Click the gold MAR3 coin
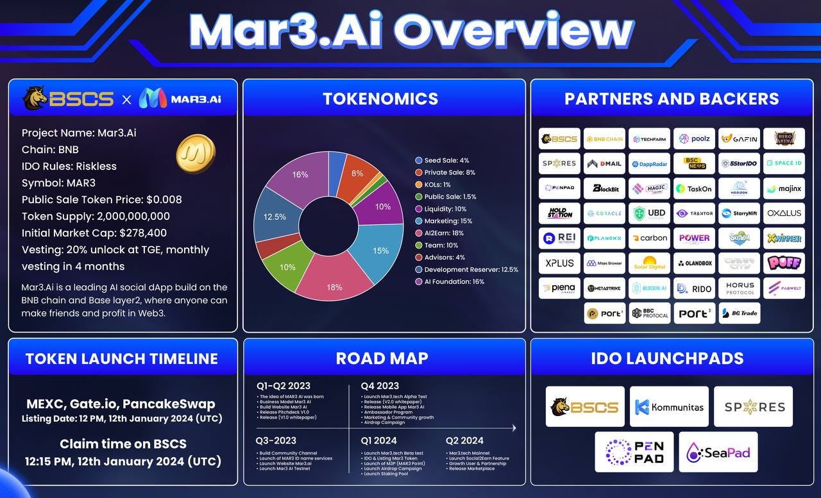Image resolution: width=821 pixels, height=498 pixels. tap(196, 153)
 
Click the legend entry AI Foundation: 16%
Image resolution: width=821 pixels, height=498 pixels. tap(453, 281)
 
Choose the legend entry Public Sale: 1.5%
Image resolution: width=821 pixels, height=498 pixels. tap(450, 197)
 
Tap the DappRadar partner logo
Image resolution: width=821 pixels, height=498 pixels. tap(649, 163)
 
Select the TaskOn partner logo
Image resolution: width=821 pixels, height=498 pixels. tap(694, 188)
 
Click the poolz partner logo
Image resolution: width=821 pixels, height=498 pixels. tap(694, 138)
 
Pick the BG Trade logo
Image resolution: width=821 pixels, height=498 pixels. tap(739, 313)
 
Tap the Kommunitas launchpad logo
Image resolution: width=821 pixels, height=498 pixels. tap(669, 406)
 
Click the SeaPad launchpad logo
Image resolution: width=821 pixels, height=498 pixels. tap(718, 452)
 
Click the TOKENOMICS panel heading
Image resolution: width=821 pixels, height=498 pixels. tap(380, 98)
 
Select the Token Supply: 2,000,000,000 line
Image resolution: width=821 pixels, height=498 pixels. tap(96, 216)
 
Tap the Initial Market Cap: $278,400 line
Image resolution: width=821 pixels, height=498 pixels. tap(94, 233)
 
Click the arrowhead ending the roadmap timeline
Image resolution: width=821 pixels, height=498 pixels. tap(513, 427)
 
